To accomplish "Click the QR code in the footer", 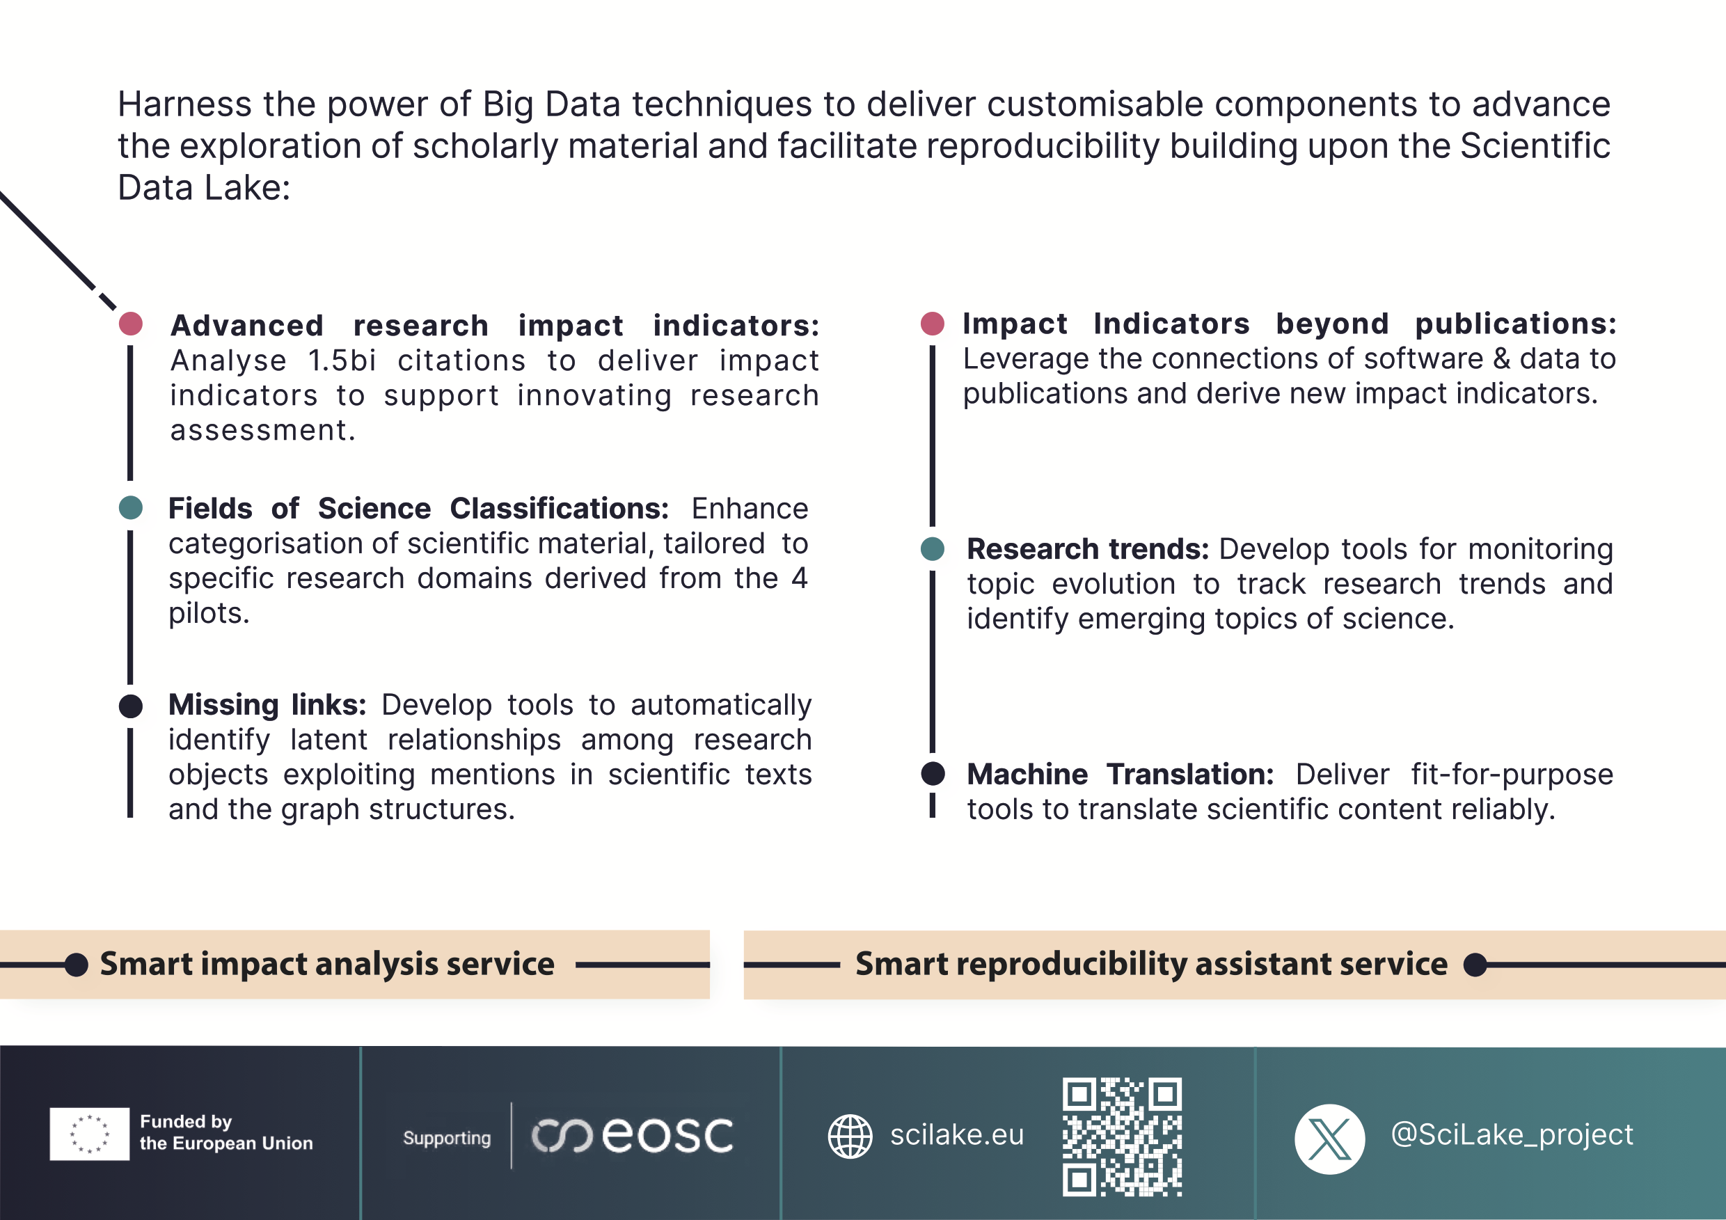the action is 1122,1136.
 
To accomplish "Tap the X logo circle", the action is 1329,1139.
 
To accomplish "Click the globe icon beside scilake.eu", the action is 850,1136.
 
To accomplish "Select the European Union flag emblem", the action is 90,1134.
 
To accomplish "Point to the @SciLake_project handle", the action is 1512,1134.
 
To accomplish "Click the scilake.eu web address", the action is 957,1135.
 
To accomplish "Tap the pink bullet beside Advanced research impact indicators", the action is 131,324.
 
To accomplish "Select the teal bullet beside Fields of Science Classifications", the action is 131,507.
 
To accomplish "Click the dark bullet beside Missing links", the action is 131,706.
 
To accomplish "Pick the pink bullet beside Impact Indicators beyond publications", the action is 932,323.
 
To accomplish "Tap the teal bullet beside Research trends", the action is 932,548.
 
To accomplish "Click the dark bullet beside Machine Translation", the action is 932,773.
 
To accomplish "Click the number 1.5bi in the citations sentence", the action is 341,361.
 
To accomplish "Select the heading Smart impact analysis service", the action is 327,964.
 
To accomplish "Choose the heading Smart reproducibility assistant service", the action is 1151,964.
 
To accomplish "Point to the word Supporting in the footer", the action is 447,1138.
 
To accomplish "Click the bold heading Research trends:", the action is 1088,548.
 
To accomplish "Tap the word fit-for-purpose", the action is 1512,775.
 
